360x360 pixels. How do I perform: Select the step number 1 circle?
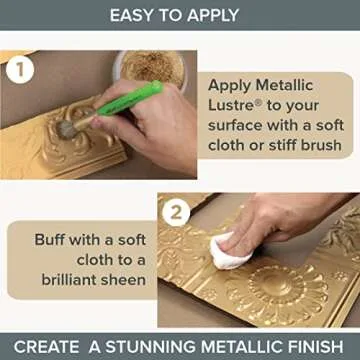pyautogui.click(x=17, y=72)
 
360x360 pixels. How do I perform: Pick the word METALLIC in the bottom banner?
pyautogui.click(x=236, y=346)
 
